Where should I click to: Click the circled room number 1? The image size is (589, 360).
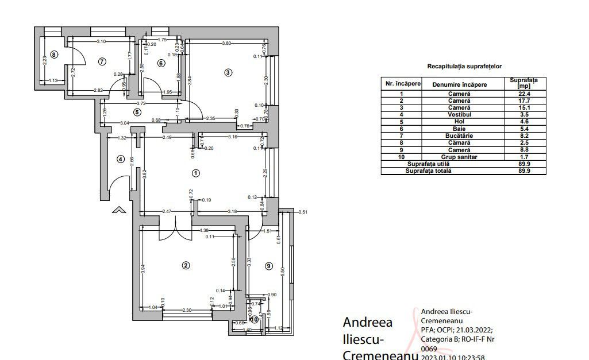click(x=195, y=173)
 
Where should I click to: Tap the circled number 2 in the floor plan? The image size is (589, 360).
click(x=186, y=265)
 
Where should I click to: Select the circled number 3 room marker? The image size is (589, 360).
click(x=228, y=72)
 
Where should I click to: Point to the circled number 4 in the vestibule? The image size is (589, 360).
click(x=121, y=159)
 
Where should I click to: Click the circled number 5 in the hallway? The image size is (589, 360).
click(x=137, y=112)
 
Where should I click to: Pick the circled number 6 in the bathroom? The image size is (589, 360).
click(x=161, y=63)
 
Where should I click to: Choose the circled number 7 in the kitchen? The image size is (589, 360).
click(x=102, y=61)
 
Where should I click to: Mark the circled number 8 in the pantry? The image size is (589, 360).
click(x=54, y=55)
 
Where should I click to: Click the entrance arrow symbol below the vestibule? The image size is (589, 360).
click(x=119, y=210)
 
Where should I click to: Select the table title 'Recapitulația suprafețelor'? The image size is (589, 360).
click(x=464, y=67)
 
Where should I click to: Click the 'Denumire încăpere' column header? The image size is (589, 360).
click(x=459, y=84)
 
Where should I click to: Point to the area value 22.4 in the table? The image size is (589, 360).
click(x=523, y=94)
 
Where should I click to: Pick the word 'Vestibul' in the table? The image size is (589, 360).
click(x=459, y=114)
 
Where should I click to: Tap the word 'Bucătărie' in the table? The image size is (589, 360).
click(x=459, y=136)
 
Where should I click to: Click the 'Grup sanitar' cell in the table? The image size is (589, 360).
click(x=459, y=156)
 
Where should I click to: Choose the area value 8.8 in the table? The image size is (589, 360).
click(x=523, y=149)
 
